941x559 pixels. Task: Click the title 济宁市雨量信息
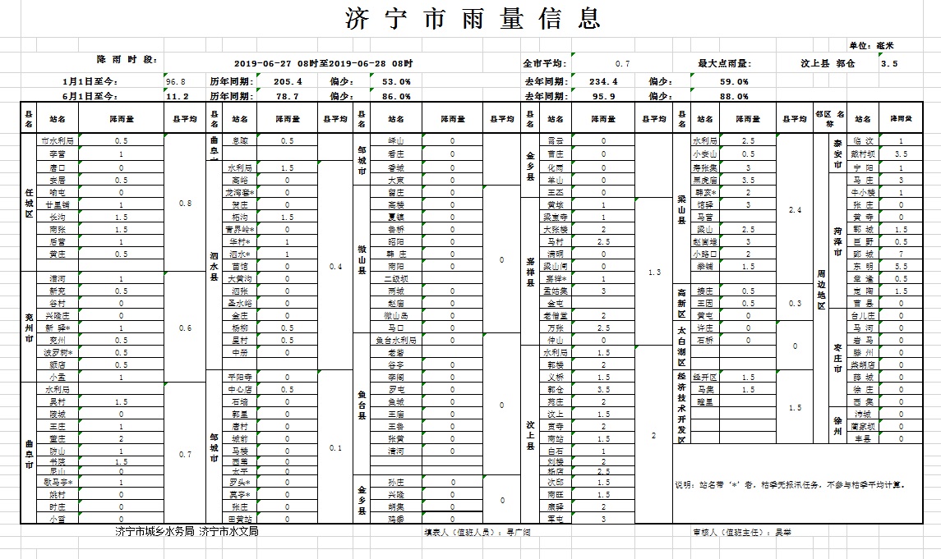pyautogui.click(x=470, y=18)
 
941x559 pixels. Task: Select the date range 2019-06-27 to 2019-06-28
pyautogui.click(x=323, y=63)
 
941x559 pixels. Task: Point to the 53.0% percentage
pyautogui.click(x=396, y=81)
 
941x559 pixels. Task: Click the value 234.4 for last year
pyautogui.click(x=603, y=81)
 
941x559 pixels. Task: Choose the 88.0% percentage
pyautogui.click(x=733, y=96)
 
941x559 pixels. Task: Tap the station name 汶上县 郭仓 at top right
pyautogui.click(x=828, y=63)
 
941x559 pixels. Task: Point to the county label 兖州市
pyautogui.click(x=29, y=327)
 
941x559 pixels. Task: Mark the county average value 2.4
pyautogui.click(x=794, y=210)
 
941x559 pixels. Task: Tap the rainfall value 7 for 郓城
pyautogui.click(x=901, y=254)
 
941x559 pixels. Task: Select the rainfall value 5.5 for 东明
pyautogui.click(x=901, y=267)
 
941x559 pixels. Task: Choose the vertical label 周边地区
pyautogui.click(x=819, y=289)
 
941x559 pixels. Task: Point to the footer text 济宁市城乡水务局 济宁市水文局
pyautogui.click(x=187, y=532)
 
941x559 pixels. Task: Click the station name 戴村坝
pyautogui.click(x=862, y=153)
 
